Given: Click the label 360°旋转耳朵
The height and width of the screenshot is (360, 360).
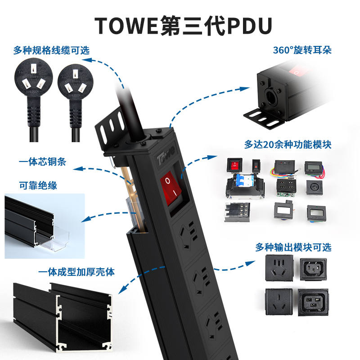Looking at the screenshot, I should (302, 49).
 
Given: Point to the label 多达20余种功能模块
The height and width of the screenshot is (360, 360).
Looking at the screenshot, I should (288, 145).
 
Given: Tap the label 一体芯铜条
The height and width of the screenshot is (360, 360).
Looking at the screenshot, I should (43, 162).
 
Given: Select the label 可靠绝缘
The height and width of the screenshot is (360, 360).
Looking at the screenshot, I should (38, 185).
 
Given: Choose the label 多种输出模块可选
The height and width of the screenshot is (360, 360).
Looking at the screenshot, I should (293, 247).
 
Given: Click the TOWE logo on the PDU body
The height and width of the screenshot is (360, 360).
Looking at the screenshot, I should (165, 158).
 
